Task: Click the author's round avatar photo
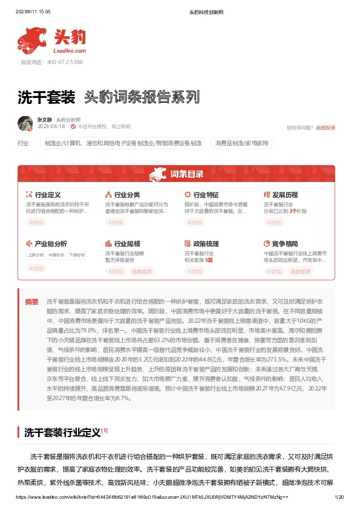(25, 123)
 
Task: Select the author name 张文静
(44, 120)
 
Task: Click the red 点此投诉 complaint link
(325, 128)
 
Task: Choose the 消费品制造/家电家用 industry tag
(243, 143)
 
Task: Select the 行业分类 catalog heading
(127, 195)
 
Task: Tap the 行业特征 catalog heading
(206, 195)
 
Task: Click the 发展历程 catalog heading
(285, 195)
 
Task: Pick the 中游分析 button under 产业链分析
(57, 255)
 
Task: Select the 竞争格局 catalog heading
(285, 244)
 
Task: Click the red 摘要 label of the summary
(31, 302)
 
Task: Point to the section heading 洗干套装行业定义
(62, 432)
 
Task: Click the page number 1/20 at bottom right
(339, 496)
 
